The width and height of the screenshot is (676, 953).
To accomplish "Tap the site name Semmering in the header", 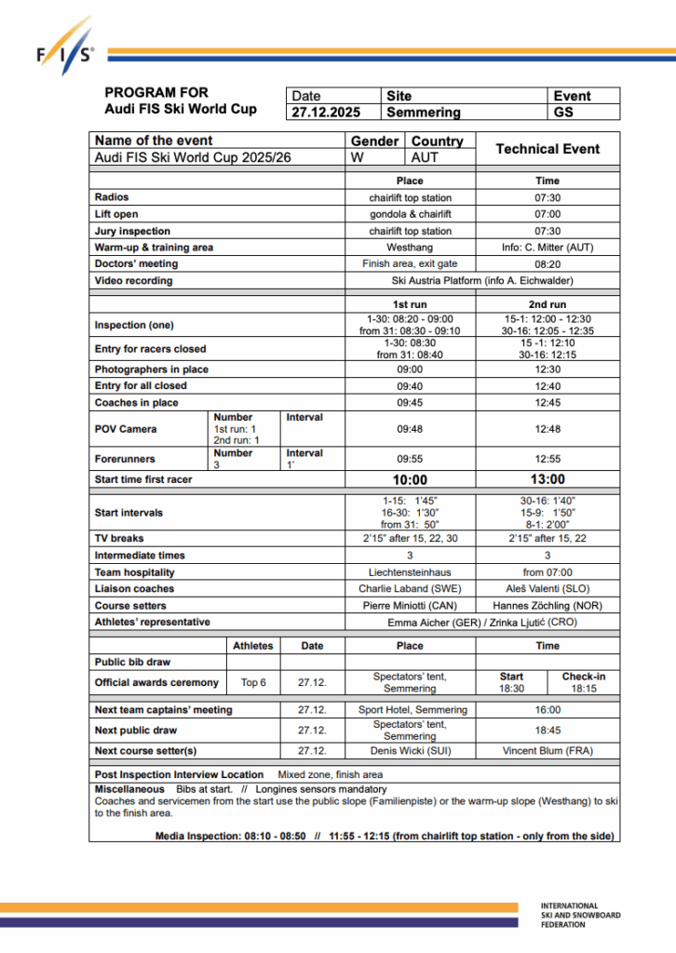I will tap(424, 113).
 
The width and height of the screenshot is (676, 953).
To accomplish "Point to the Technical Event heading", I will tap(548, 149).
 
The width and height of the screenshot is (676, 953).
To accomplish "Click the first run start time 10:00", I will tap(410, 480).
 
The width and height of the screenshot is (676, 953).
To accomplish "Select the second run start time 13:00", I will tap(548, 480).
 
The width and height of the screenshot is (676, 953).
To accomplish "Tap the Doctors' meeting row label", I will tap(133, 264).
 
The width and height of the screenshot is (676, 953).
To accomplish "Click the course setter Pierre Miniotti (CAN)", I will tap(410, 606).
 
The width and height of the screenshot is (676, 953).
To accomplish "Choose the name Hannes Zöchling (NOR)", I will tap(548, 606).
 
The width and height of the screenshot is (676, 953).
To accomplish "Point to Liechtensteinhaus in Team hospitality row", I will tap(410, 572).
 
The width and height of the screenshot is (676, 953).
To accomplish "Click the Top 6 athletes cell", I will tap(253, 682).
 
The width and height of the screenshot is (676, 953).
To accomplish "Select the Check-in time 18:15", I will tap(584, 689).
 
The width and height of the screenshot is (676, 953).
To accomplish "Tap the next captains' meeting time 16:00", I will tap(548, 710).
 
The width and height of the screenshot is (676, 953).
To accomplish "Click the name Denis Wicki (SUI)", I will tap(410, 751).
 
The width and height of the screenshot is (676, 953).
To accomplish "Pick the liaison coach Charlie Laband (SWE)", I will tap(410, 589).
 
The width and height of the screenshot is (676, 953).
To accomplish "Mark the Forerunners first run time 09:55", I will tap(410, 459).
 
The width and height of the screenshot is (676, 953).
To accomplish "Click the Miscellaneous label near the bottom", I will tap(129, 789).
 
